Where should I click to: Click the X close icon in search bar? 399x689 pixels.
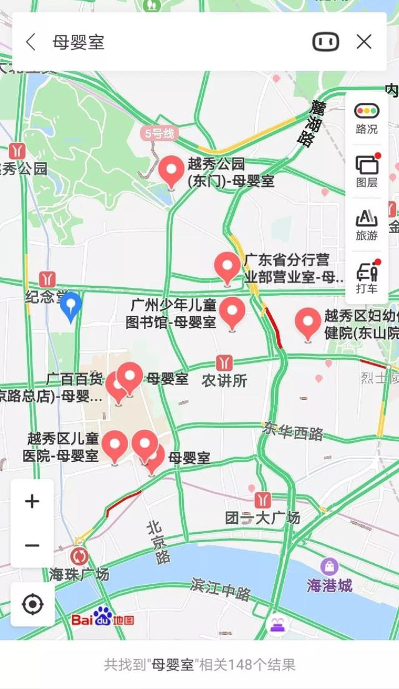pyautogui.click(x=364, y=42)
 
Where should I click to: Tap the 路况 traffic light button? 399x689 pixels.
pyautogui.click(x=367, y=118)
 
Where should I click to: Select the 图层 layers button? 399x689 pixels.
pyautogui.click(x=367, y=171)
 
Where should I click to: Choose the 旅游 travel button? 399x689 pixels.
pyautogui.click(x=367, y=225)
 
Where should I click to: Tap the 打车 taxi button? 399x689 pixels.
pyautogui.click(x=367, y=278)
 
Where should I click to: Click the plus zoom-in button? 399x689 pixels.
pyautogui.click(x=32, y=501)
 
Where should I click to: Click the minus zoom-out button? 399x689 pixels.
pyautogui.click(x=32, y=546)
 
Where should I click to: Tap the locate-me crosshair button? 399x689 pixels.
pyautogui.click(x=32, y=604)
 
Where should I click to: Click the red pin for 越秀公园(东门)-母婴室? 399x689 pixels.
pyautogui.click(x=171, y=171)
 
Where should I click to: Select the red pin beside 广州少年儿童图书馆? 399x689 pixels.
pyautogui.click(x=234, y=312)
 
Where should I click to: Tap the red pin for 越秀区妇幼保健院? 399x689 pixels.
pyautogui.click(x=307, y=323)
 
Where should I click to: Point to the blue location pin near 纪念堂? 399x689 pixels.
pyautogui.click(x=71, y=306)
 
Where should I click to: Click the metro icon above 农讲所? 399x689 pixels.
pyautogui.click(x=224, y=363)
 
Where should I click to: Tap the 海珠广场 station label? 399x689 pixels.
pyautogui.click(x=79, y=574)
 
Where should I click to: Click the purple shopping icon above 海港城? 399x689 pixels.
pyautogui.click(x=329, y=566)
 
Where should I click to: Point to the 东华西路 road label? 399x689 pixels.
pyautogui.click(x=292, y=431)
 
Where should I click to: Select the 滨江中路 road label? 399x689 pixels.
pyautogui.click(x=221, y=589)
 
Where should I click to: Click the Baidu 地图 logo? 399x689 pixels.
pyautogui.click(x=103, y=619)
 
